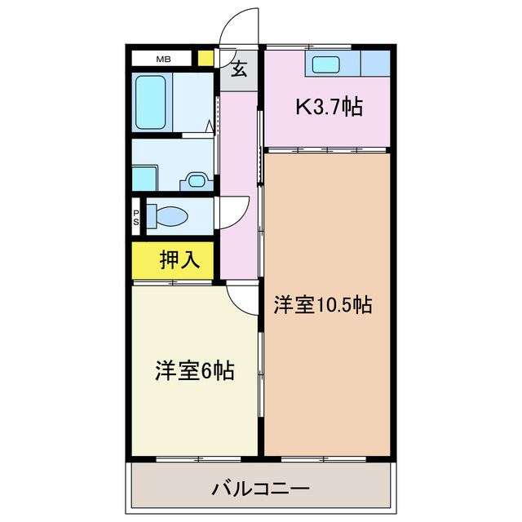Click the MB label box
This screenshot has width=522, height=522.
click(164, 59)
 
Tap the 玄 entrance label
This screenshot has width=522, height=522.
click(239, 69)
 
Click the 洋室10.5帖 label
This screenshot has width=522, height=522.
click(323, 305)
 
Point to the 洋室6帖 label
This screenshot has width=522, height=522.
click(195, 371)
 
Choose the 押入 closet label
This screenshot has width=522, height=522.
click(179, 259)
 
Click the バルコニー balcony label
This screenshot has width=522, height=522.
click(260, 490)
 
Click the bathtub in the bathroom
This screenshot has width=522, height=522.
click(150, 103)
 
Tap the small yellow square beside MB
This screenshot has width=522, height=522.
click(206, 59)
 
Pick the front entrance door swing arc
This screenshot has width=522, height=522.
click(240, 24)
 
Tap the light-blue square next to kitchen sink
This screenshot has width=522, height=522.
click(376, 63)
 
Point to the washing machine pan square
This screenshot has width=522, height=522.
click(145, 177)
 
